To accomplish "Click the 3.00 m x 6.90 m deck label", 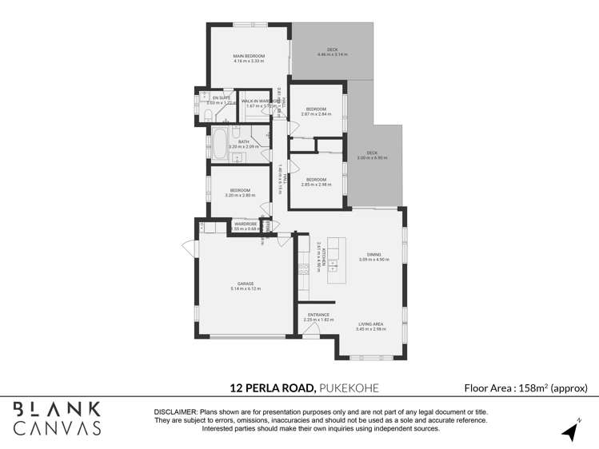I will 372,155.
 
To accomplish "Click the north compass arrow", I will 570,431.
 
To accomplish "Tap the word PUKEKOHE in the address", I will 348,388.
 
